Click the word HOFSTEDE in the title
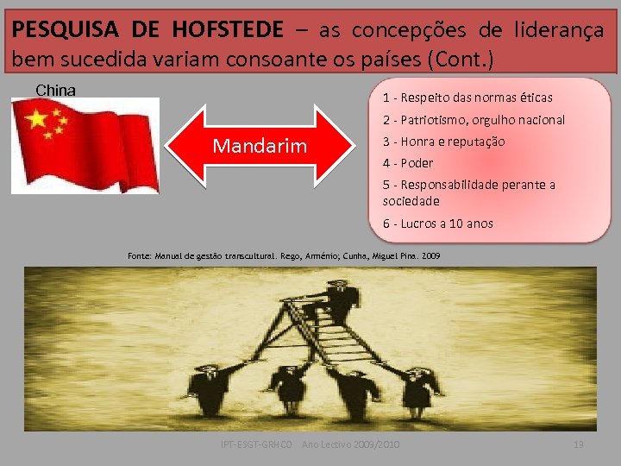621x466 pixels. [227, 30]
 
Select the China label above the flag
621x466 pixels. [55, 90]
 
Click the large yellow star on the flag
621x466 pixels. [37, 119]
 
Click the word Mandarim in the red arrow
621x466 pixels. [260, 146]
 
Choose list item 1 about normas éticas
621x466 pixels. [467, 98]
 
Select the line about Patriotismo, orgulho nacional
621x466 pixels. [474, 120]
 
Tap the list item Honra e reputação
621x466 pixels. [443, 142]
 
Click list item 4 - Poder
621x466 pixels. [408, 163]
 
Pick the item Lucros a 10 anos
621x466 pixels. [438, 224]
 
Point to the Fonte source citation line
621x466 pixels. [284, 256]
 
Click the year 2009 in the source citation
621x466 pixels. [431, 256]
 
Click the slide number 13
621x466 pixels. [579, 444]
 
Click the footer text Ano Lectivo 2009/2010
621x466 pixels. [351, 444]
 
